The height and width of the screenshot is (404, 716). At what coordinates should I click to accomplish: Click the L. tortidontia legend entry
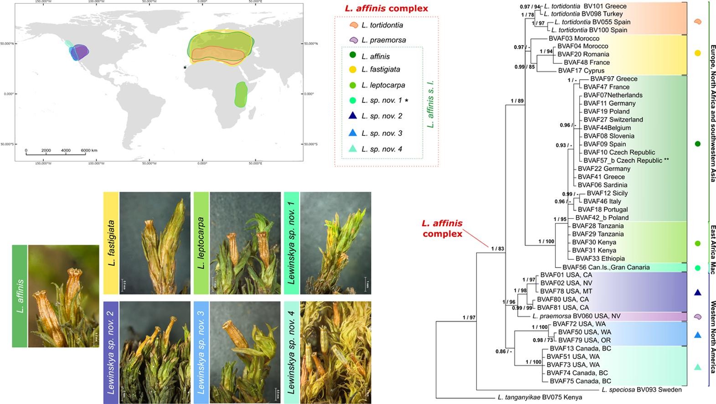(x=382, y=25)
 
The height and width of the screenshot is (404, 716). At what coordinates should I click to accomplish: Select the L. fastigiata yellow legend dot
(x=352, y=70)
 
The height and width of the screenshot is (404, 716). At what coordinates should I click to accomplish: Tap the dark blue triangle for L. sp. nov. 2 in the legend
(x=352, y=116)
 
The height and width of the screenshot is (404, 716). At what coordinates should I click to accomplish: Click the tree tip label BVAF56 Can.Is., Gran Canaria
(x=606, y=267)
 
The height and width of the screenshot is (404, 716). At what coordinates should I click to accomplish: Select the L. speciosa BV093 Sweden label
(x=641, y=389)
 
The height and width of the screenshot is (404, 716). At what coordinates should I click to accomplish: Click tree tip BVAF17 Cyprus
(x=581, y=71)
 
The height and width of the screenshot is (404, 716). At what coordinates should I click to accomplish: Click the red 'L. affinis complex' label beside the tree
(x=442, y=228)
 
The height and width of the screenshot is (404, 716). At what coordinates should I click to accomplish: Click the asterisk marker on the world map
(x=185, y=68)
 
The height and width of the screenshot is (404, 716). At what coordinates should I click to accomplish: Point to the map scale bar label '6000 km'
(x=89, y=150)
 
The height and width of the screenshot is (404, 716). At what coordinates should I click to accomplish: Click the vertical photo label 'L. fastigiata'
(x=111, y=243)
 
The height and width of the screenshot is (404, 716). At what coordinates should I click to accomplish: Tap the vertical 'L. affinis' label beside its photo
(x=20, y=296)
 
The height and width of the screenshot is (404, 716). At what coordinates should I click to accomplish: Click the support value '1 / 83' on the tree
(x=497, y=249)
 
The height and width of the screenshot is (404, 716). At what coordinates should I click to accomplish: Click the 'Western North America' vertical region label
(x=712, y=337)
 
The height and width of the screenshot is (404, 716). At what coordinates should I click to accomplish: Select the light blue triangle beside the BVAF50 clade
(x=697, y=335)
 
